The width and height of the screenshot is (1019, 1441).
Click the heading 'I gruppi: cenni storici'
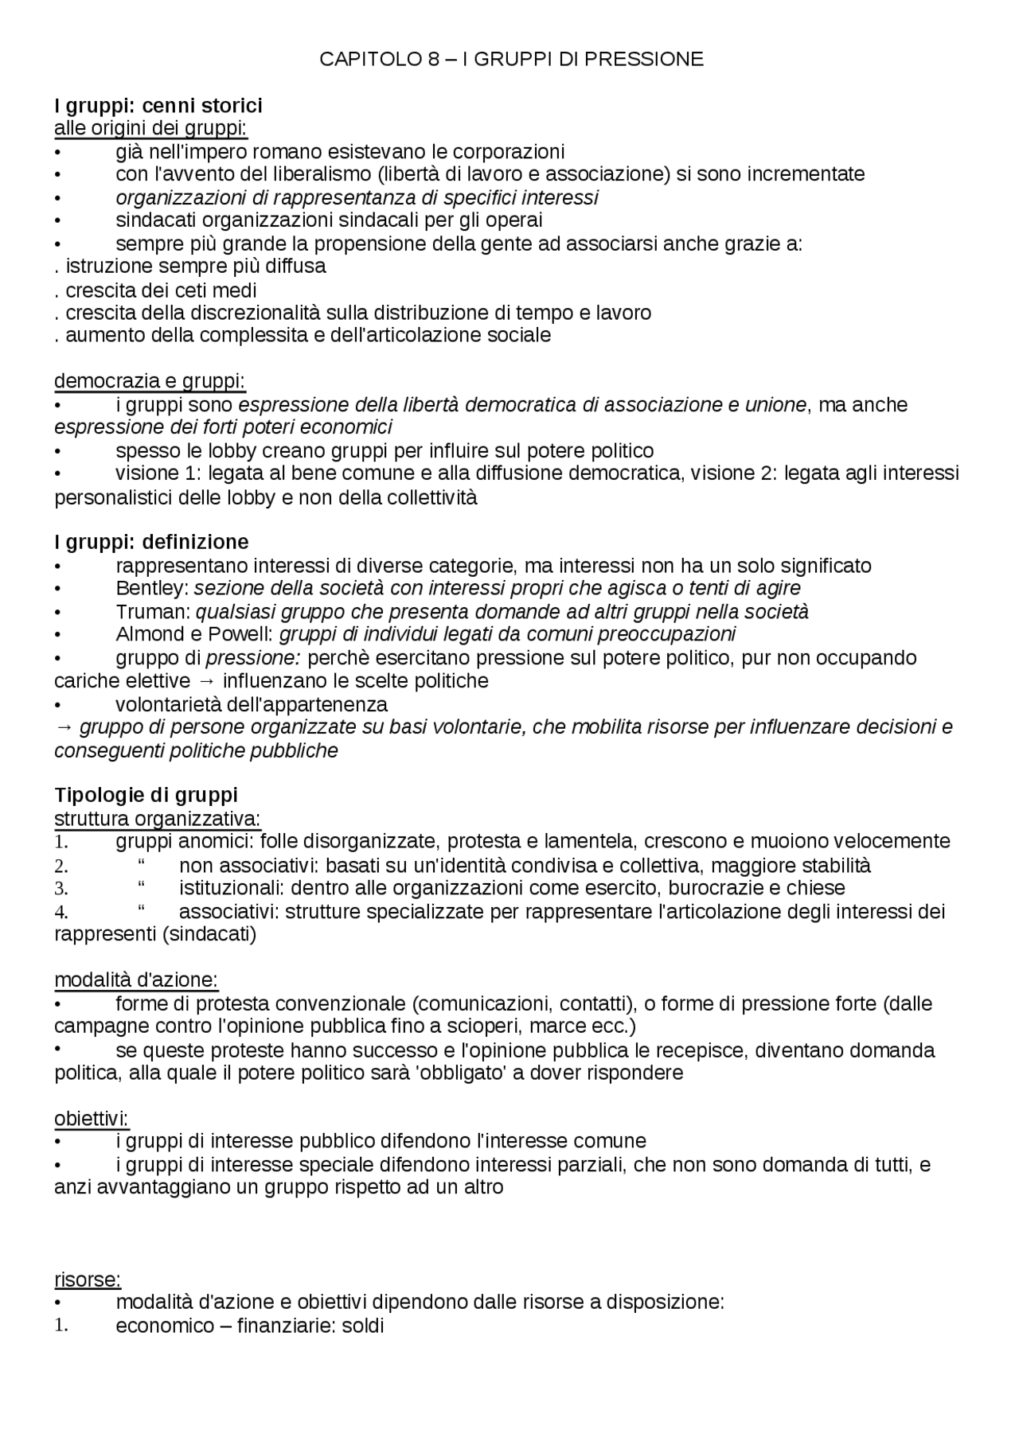click(x=158, y=106)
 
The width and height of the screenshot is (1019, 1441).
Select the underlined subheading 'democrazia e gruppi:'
click(x=150, y=381)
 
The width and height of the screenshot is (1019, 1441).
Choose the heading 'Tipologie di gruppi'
click(x=146, y=795)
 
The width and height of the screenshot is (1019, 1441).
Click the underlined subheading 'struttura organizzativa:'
click(x=157, y=818)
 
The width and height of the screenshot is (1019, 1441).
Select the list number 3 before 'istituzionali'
click(x=61, y=888)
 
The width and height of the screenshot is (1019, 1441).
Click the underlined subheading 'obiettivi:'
click(x=91, y=1118)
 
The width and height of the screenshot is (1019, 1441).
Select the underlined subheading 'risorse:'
click(x=88, y=1279)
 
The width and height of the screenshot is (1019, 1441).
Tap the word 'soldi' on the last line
click(x=363, y=1326)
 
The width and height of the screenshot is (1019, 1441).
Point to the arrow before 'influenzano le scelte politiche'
click(x=207, y=681)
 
